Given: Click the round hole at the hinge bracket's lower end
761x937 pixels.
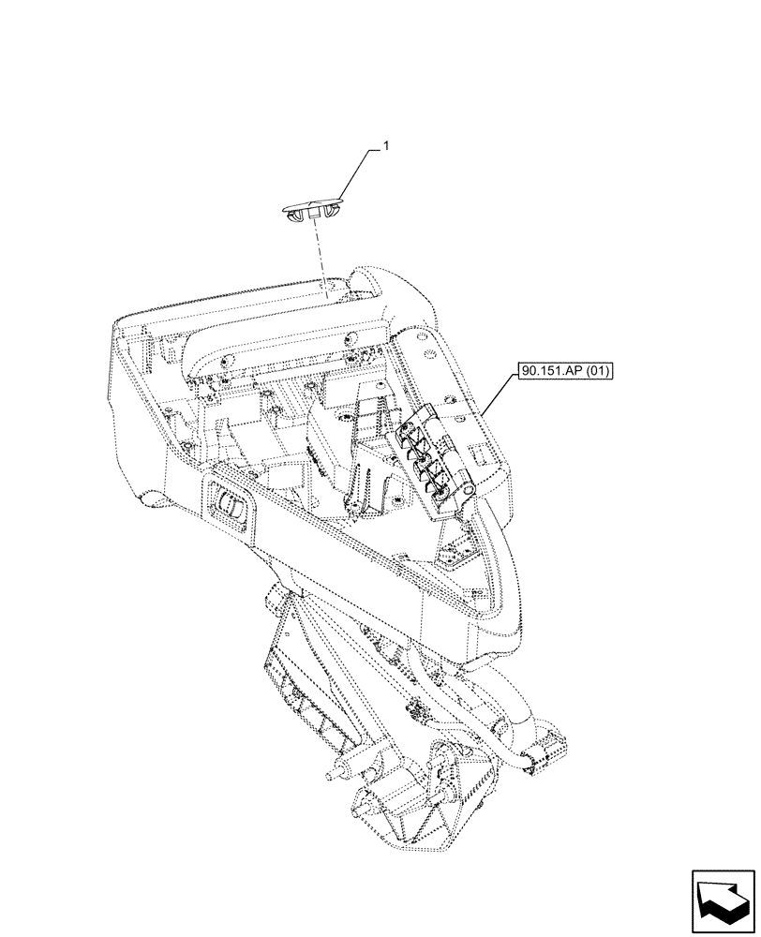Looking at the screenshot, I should click(444, 500).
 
